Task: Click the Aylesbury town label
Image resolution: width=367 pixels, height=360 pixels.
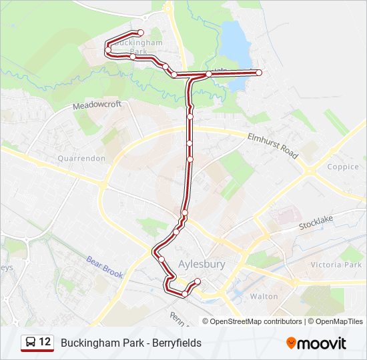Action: pyautogui.click(x=202, y=264)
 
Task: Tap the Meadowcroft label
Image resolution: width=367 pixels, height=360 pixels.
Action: pyautogui.click(x=97, y=105)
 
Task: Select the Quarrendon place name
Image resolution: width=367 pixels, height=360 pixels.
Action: pyautogui.click(x=81, y=159)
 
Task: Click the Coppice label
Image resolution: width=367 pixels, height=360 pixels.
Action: pyautogui.click(x=343, y=167)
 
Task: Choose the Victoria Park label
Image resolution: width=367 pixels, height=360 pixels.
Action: pyautogui.click(x=336, y=265)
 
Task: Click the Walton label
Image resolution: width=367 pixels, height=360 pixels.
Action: pyautogui.click(x=263, y=296)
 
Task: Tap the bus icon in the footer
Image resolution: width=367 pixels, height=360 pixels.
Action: pyautogui.click(x=31, y=343)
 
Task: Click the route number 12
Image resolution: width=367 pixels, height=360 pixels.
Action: pyautogui.click(x=45, y=342)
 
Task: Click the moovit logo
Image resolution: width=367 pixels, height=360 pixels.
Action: pyautogui.click(x=316, y=343)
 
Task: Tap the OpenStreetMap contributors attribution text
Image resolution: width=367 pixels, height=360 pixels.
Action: pyautogui.click(x=256, y=321)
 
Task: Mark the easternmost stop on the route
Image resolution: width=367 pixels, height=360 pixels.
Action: pyautogui.click(x=259, y=73)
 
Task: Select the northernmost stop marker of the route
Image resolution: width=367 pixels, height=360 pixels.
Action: pyautogui.click(x=140, y=33)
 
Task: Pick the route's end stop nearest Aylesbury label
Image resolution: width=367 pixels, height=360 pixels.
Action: pyautogui.click(x=198, y=281)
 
